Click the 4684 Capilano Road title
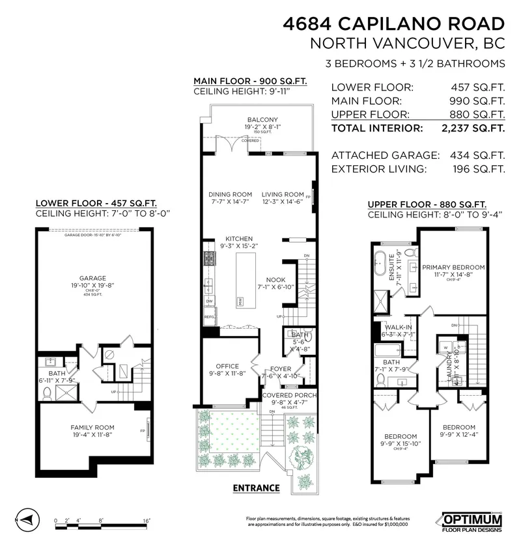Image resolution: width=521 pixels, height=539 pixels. pyautogui.click(x=394, y=24)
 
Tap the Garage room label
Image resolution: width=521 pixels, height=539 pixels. pyautogui.click(x=92, y=277)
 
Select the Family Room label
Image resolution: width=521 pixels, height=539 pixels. pyautogui.click(x=92, y=427)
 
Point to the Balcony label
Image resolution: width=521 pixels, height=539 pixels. pyautogui.click(x=262, y=119)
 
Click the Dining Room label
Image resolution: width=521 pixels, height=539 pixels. pyautogui.click(x=230, y=194)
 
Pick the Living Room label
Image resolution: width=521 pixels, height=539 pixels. pyautogui.click(x=283, y=194)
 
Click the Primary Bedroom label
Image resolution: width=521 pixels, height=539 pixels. pyautogui.click(x=453, y=268)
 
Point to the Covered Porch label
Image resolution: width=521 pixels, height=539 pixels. pyautogui.click(x=289, y=395)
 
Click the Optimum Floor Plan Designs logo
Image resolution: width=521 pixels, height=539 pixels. pyautogui.click(x=472, y=521)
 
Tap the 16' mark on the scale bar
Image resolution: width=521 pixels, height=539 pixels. pyautogui.click(x=147, y=520)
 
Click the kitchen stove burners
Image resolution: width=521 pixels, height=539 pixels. pyautogui.click(x=210, y=258)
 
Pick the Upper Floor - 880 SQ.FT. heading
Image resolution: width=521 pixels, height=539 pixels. pyautogui.click(x=426, y=204)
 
